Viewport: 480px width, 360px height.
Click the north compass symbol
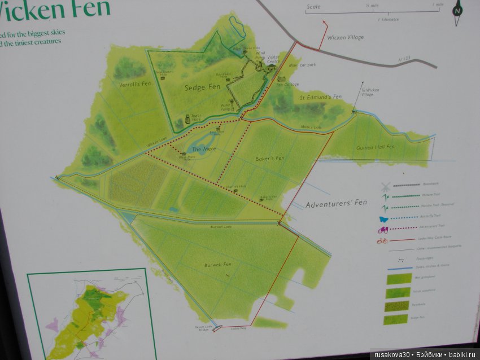457,10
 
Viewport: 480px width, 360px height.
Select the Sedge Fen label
202,87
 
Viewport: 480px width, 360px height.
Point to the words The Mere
201,149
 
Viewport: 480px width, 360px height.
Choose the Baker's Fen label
269,158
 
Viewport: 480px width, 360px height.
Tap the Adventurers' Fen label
336,203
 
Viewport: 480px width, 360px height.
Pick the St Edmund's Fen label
321,97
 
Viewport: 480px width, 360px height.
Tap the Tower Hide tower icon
180,122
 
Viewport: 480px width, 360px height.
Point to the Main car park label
303,65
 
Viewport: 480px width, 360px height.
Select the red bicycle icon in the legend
382,241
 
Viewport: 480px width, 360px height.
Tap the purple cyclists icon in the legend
384,229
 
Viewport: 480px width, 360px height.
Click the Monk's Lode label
311,127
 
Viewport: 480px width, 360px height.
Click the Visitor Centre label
273,59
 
